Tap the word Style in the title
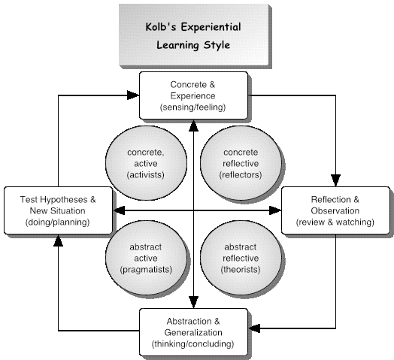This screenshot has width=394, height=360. coord(217,45)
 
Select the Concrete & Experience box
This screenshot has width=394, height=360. coord(193,95)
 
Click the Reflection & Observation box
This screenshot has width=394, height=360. coord(335,210)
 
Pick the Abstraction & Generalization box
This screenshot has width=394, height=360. coord(193,332)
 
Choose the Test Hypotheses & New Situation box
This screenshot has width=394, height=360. coord(58,210)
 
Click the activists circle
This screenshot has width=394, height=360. coord(146,163)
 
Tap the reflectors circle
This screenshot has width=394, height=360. coord(241,163)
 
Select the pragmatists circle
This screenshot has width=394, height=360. coord(146,258)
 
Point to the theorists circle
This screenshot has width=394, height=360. coord(241,258)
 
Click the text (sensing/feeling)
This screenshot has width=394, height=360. coord(192,107)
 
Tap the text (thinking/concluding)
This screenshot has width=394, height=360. coord(192,343)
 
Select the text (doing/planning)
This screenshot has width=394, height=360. coord(58,222)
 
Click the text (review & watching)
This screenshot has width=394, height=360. coord(335,222)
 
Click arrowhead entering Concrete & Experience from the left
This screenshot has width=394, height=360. coord(133,95)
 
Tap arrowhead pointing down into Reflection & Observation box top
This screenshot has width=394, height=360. coord(335,180)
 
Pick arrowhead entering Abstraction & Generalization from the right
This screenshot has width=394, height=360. coord(254,328)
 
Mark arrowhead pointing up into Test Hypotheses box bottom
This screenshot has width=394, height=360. coord(59,241)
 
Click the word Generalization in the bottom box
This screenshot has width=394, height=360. coord(193,332)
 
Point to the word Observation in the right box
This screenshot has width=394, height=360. coord(335,210)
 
